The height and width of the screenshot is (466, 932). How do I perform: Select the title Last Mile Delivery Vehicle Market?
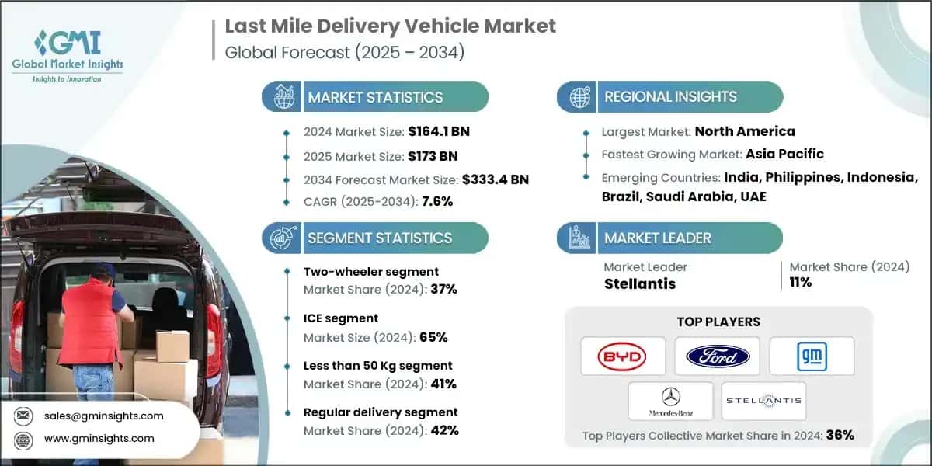click(x=390, y=26)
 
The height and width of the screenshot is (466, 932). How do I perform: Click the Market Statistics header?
click(x=375, y=97)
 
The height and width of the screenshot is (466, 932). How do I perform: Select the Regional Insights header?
click(x=670, y=97)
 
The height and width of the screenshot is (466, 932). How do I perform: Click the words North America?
click(x=744, y=131)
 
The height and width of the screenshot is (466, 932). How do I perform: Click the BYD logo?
click(x=623, y=356)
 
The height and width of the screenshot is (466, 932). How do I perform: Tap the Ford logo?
click(x=718, y=356)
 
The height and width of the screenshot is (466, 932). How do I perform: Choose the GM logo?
click(x=812, y=356)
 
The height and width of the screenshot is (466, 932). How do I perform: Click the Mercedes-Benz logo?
click(x=670, y=401)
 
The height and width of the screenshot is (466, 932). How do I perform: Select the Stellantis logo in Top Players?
click(x=764, y=401)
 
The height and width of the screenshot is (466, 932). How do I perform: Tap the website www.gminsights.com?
click(x=99, y=438)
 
